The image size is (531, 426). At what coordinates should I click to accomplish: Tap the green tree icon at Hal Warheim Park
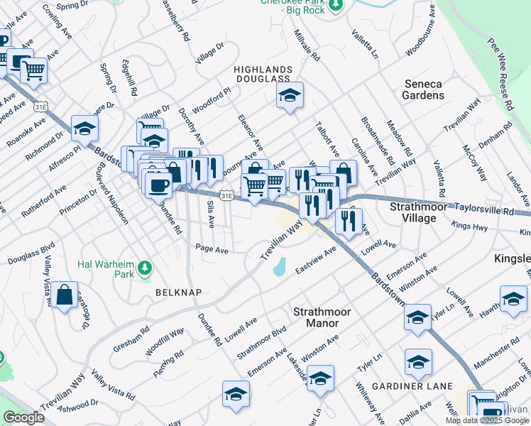tap(146, 268)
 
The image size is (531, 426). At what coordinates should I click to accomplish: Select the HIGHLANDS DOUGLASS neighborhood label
tap(263, 73)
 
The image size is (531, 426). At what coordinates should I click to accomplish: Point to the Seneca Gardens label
tap(422, 89)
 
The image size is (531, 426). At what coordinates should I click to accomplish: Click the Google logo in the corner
tap(23, 417)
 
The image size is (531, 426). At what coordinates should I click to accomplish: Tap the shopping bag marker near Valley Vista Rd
tap(64, 295)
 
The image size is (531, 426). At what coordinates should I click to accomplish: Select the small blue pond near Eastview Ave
tap(280, 267)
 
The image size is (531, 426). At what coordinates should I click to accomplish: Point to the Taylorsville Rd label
tap(488, 212)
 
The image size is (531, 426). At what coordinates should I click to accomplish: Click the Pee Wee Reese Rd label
tap(497, 72)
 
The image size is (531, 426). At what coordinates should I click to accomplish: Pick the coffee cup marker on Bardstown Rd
tap(158, 185)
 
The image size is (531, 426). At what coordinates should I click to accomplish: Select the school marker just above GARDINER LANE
tap(418, 362)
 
